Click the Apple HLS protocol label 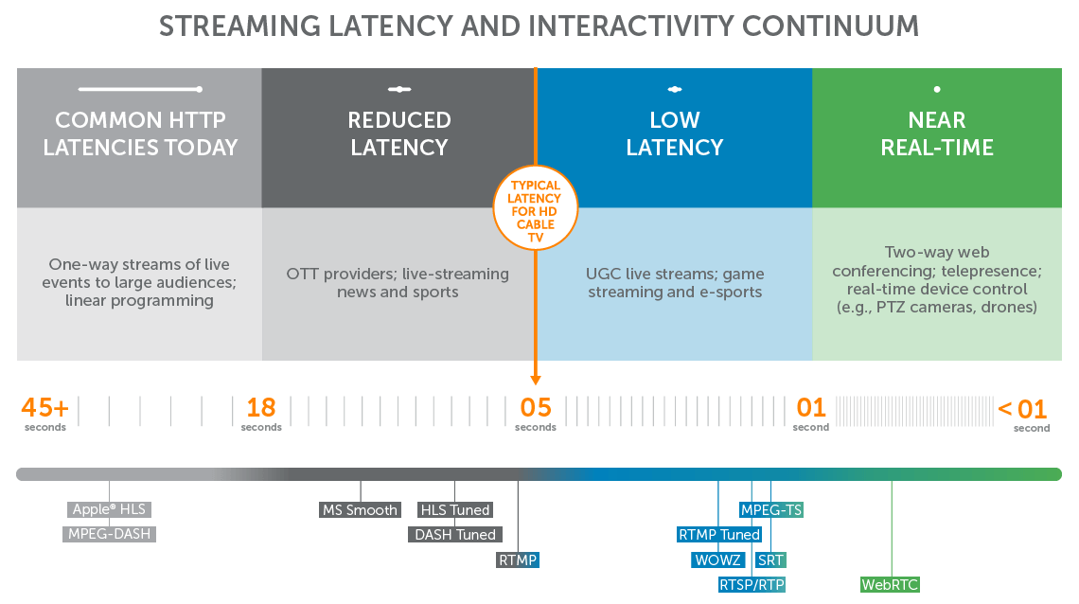click(110, 510)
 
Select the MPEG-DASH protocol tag click(110, 534)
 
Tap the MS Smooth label click(360, 510)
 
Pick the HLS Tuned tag click(455, 510)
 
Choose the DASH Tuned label click(455, 535)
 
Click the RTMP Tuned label click(719, 535)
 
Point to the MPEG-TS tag click(771, 510)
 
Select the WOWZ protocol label click(717, 560)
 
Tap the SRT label click(770, 560)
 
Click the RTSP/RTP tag click(752, 584)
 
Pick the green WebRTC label click(890, 584)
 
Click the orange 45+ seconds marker click(45, 409)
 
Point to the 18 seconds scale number click(261, 409)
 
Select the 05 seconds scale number click(536, 409)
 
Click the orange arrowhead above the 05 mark click(536, 380)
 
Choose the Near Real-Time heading click(937, 133)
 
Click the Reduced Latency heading click(399, 133)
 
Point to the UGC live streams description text click(675, 283)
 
